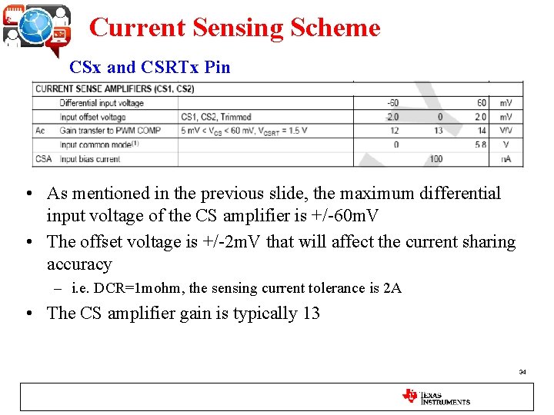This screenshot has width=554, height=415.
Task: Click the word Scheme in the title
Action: pyautogui.click(x=335, y=28)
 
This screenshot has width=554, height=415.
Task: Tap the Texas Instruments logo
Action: pyautogui.click(x=436, y=397)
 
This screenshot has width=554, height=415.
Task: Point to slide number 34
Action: pyautogui.click(x=522, y=372)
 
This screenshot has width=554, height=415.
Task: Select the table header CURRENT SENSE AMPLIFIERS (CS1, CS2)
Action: pyautogui.click(x=115, y=89)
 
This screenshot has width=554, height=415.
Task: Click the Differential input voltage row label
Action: pyautogui.click(x=102, y=103)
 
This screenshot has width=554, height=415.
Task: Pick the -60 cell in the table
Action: pyautogui.click(x=393, y=103)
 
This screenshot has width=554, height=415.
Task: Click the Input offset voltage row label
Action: pyautogui.click(x=92, y=117)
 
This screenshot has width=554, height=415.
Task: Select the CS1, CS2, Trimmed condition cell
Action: pyautogui.click(x=216, y=117)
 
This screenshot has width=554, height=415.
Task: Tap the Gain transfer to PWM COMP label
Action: pyautogui.click(x=110, y=131)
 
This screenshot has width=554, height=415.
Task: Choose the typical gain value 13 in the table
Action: pyautogui.click(x=437, y=131)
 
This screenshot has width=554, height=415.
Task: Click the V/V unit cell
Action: pyautogui.click(x=506, y=131)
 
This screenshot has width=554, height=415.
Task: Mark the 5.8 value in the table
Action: pyautogui.click(x=481, y=144)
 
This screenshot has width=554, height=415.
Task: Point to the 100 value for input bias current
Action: pyautogui.click(x=436, y=159)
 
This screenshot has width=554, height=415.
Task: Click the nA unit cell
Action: pyautogui.click(x=506, y=159)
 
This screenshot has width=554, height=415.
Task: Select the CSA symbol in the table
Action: pyautogui.click(x=43, y=159)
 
